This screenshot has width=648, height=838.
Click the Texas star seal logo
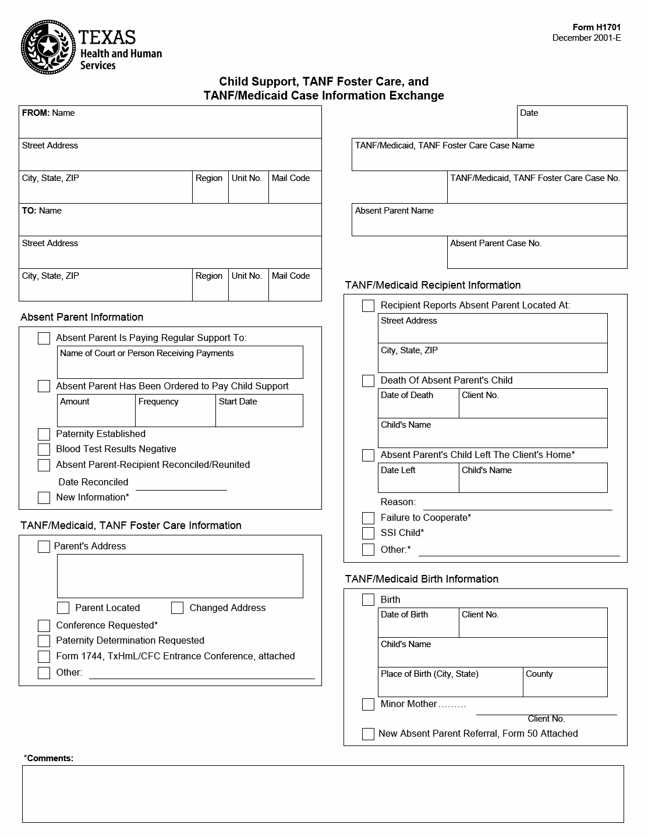(48, 47)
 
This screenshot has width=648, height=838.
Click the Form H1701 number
(597, 27)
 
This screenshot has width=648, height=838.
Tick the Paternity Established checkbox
(44, 435)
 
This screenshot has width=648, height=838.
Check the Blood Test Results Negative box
(44, 450)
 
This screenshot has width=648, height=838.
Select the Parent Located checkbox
(63, 608)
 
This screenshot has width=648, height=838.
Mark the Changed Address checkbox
(178, 608)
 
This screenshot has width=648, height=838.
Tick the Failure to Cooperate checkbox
(368, 519)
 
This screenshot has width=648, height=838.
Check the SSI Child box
(368, 534)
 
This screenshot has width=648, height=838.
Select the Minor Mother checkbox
(368, 705)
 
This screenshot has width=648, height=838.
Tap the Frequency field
(175, 414)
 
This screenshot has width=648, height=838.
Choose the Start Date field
(259, 414)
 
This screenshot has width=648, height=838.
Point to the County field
(565, 686)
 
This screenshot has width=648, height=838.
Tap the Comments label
(49, 758)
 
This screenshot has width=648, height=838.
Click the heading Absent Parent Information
(82, 317)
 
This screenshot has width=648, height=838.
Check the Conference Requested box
(44, 626)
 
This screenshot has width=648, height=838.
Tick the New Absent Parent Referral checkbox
(368, 734)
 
